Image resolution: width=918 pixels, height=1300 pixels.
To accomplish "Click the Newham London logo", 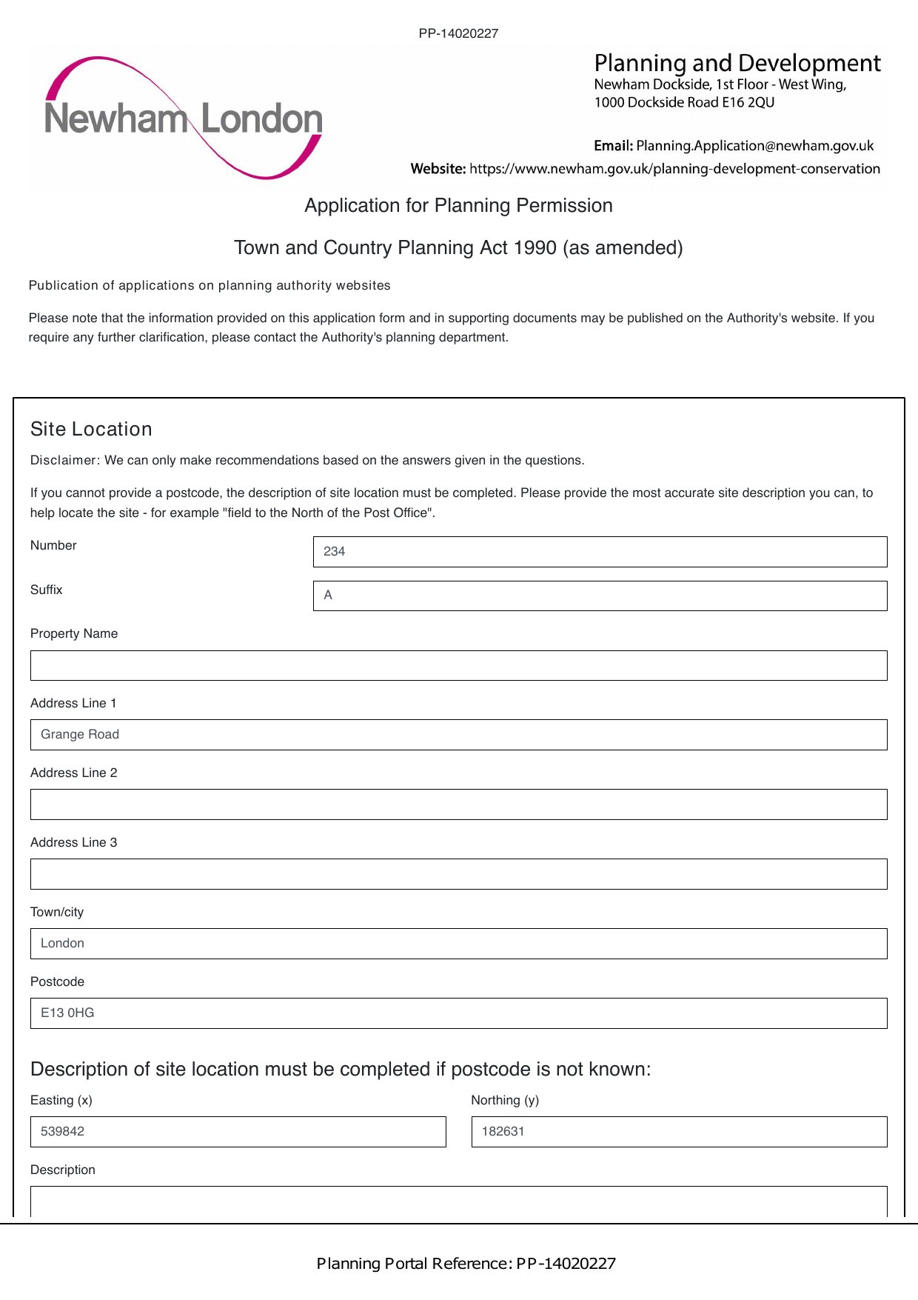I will [x=183, y=119].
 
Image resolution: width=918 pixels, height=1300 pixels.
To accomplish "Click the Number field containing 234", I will [x=600, y=552].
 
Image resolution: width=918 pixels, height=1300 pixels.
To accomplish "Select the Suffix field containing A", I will [x=600, y=596].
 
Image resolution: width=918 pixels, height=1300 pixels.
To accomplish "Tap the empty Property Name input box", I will [x=458, y=665].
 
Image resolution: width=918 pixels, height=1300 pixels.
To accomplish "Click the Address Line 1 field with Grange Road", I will [x=458, y=735].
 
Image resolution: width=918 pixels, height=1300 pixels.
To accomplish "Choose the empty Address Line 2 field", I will [x=458, y=804].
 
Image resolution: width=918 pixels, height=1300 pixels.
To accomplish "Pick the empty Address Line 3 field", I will [x=458, y=874].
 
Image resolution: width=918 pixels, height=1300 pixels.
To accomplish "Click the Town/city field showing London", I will [x=458, y=944].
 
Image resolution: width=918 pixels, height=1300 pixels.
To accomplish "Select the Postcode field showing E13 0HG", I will [x=458, y=1013].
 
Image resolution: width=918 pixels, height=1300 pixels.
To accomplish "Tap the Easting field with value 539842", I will [x=238, y=1132].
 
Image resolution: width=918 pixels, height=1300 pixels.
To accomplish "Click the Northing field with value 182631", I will [x=679, y=1132].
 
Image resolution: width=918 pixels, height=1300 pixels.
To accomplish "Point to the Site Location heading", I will [x=91, y=429].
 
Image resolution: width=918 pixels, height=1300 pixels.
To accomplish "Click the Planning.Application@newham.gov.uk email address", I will [x=754, y=146].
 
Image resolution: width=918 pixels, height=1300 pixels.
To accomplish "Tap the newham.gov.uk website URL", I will [x=674, y=169].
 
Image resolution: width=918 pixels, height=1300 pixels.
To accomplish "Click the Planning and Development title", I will [x=737, y=63].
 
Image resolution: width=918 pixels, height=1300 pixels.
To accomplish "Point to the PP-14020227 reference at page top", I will [x=458, y=33].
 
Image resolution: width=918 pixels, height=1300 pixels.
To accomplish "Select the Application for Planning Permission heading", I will [x=458, y=205].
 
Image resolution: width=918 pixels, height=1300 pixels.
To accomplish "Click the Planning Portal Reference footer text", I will [x=466, y=1264].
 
